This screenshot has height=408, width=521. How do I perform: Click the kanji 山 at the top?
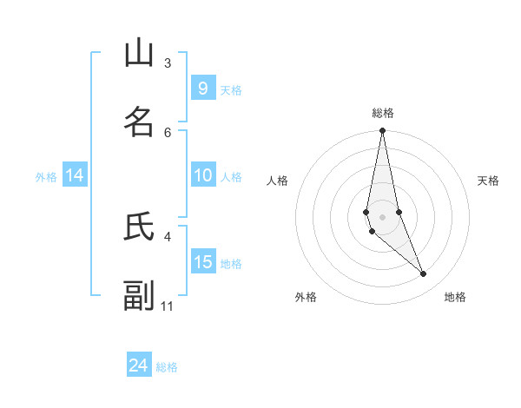(x=139, y=54)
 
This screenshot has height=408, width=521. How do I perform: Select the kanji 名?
(x=139, y=122)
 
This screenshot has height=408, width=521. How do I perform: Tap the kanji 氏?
(x=139, y=227)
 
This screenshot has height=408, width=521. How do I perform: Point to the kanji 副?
(x=139, y=295)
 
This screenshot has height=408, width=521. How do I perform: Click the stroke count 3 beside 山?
(x=168, y=63)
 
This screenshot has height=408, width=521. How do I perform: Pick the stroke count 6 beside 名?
(x=168, y=132)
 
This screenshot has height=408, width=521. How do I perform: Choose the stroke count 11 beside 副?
(x=168, y=306)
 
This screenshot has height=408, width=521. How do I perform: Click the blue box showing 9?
(x=203, y=88)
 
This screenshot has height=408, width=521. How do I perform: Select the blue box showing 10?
(x=203, y=175)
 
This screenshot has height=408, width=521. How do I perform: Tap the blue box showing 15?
(x=203, y=262)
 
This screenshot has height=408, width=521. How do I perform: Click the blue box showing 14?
(x=75, y=175)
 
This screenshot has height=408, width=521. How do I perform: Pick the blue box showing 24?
(x=139, y=365)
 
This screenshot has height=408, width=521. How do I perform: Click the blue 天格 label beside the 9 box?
(x=231, y=89)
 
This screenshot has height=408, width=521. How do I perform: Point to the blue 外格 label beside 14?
(x=46, y=177)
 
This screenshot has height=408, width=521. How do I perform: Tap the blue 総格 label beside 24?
(x=167, y=367)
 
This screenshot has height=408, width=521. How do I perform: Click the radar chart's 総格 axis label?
(x=382, y=113)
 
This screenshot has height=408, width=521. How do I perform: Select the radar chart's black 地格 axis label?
(x=455, y=297)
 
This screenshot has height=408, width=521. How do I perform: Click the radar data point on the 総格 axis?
(x=382, y=131)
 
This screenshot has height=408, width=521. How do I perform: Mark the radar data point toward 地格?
(x=424, y=274)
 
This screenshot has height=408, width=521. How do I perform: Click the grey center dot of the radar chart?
(x=382, y=216)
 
